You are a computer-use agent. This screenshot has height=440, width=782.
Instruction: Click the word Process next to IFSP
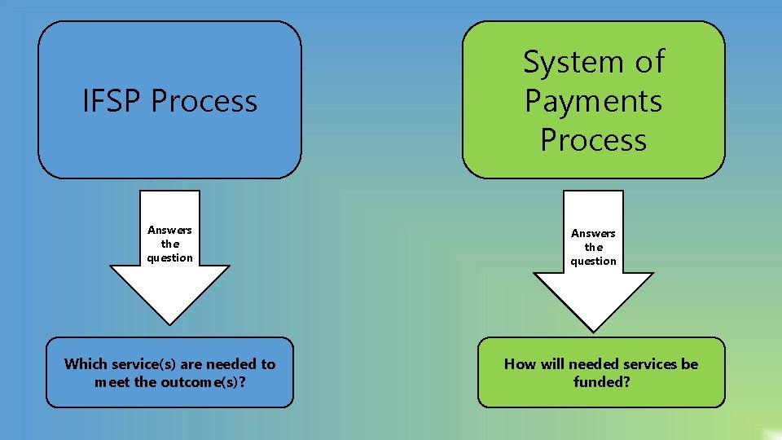tap(204, 101)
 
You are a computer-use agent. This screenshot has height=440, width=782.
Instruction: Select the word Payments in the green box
tap(593, 101)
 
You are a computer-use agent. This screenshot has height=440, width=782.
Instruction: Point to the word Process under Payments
tap(593, 139)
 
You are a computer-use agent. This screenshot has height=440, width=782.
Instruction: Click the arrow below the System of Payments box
tap(593, 293)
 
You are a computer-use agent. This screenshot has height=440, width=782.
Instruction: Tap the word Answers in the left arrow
tap(169, 230)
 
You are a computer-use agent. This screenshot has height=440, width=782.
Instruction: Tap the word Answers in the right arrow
tap(593, 233)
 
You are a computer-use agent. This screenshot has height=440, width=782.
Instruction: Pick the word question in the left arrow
tap(169, 257)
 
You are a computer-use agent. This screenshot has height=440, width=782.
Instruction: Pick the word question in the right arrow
tap(593, 261)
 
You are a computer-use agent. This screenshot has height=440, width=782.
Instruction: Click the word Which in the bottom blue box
tap(86, 364)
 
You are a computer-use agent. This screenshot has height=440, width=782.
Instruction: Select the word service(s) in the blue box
tap(140, 364)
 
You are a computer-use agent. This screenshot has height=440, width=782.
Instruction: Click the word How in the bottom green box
tap(518, 364)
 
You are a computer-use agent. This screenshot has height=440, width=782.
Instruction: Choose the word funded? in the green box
tap(601, 381)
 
